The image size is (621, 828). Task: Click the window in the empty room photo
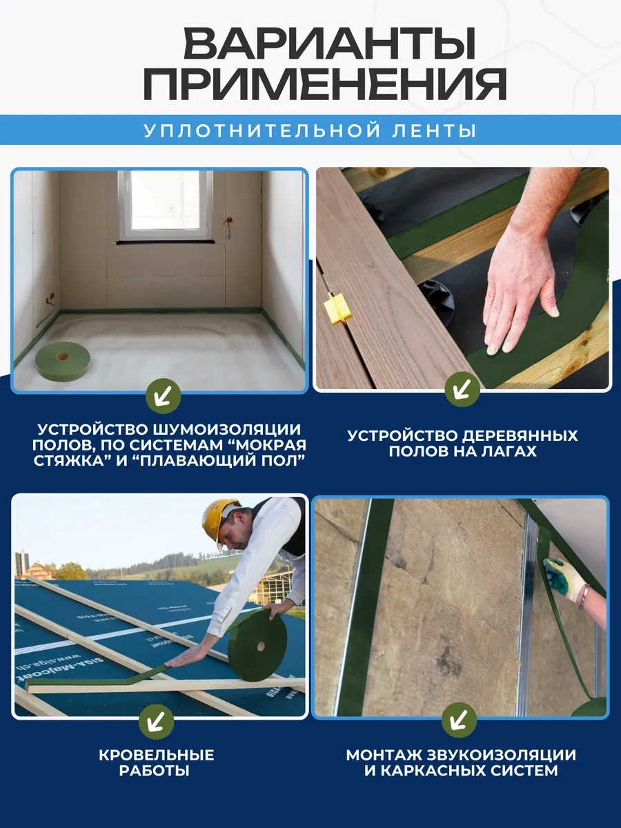[166, 205]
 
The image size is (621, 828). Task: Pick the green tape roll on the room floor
[63, 361]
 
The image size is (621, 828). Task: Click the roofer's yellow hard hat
[219, 520]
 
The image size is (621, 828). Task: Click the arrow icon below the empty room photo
[164, 395]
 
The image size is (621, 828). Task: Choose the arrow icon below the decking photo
[462, 391]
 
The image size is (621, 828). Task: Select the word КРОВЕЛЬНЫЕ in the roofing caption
[155, 755]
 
